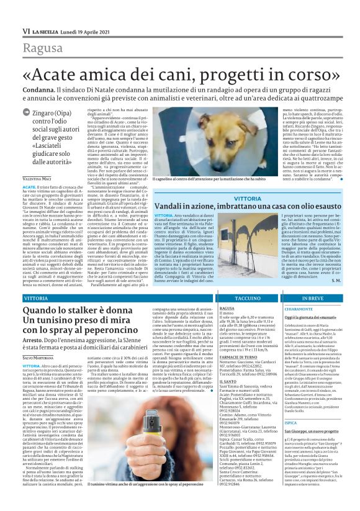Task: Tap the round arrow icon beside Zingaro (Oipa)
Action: tap(27, 113)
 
